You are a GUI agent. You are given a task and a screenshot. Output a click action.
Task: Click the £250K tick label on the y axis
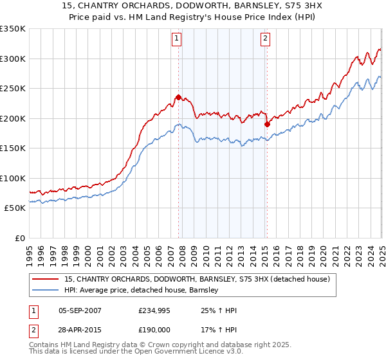[13, 89]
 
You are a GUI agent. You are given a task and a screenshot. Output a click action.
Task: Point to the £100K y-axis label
[13, 178]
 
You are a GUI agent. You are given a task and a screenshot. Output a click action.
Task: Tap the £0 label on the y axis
[19, 238]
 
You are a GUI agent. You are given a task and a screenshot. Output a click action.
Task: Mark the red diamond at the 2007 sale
[178, 98]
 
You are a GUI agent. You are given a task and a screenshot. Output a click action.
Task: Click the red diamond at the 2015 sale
[267, 125]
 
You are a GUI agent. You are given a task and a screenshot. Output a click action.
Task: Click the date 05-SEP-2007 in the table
[80, 311]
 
